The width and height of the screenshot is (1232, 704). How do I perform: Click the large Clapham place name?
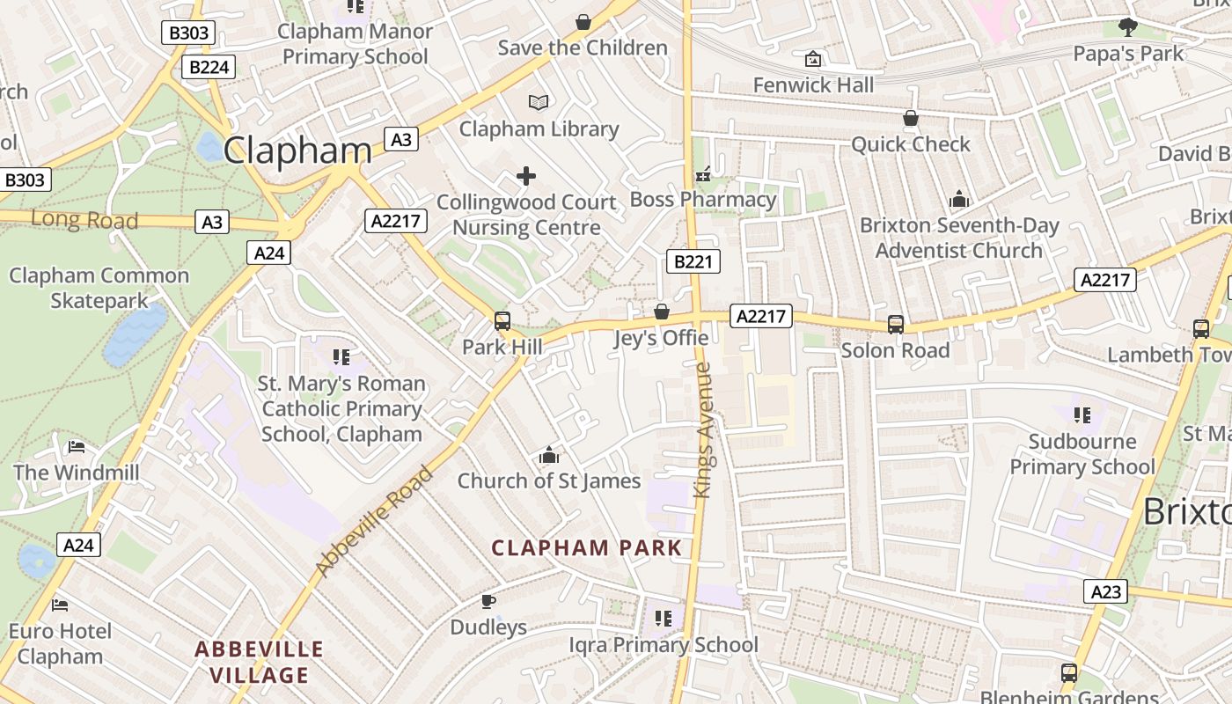tap(297, 150)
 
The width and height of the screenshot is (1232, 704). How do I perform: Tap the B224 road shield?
tap(209, 67)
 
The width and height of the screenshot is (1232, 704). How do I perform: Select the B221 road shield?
tap(693, 261)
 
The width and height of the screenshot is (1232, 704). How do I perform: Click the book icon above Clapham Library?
tap(539, 102)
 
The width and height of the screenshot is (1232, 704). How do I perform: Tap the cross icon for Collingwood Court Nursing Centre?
tap(526, 176)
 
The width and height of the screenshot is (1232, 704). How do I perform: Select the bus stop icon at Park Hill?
tap(502, 321)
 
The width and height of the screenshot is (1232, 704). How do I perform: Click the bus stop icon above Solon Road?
tap(895, 325)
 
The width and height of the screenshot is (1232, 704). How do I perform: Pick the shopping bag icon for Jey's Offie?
tap(662, 312)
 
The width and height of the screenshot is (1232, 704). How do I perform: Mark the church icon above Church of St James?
tap(549, 456)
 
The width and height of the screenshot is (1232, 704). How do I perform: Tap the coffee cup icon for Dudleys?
tap(488, 601)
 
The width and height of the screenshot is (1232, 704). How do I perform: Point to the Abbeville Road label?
tap(375, 521)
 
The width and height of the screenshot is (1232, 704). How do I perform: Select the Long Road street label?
tap(84, 219)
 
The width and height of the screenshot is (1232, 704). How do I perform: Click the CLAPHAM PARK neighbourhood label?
tap(586, 548)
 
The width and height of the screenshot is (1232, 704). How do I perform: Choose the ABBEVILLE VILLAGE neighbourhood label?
tap(259, 663)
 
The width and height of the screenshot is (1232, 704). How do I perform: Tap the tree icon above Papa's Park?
tap(1128, 27)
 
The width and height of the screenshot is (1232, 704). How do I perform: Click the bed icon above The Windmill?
tap(77, 447)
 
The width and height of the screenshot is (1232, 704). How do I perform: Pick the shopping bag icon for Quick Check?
tap(911, 118)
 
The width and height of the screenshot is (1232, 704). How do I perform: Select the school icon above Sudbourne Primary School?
tap(1082, 414)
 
